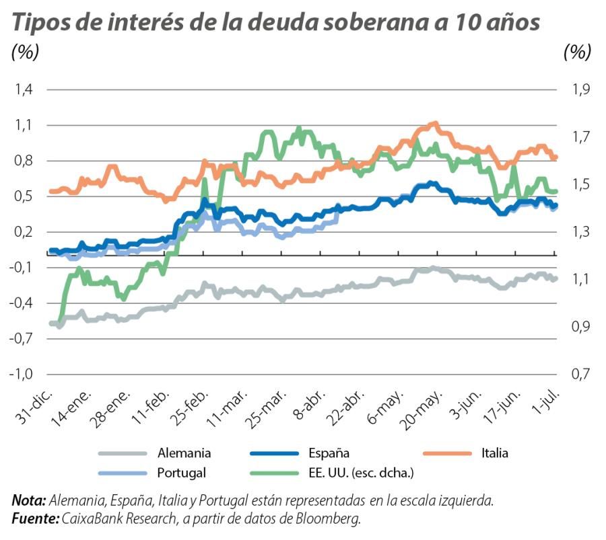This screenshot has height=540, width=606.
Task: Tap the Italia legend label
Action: tap(495, 453)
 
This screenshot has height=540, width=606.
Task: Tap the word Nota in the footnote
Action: tap(29, 501)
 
